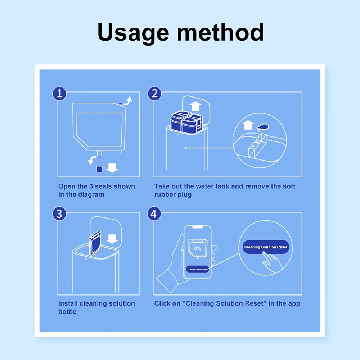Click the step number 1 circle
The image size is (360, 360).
60,94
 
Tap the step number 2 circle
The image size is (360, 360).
154,94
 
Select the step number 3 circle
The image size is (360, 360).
60,214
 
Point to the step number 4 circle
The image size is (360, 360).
154,214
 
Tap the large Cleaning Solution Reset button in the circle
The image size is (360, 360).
266,247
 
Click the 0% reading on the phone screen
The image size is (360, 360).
197,248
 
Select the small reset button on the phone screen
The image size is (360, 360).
198,269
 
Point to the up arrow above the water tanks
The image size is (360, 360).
195,106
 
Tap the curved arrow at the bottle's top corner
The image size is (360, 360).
128,100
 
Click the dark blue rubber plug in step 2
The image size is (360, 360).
262,126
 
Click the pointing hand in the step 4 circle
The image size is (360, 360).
272,262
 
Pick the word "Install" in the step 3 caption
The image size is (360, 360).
68,303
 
